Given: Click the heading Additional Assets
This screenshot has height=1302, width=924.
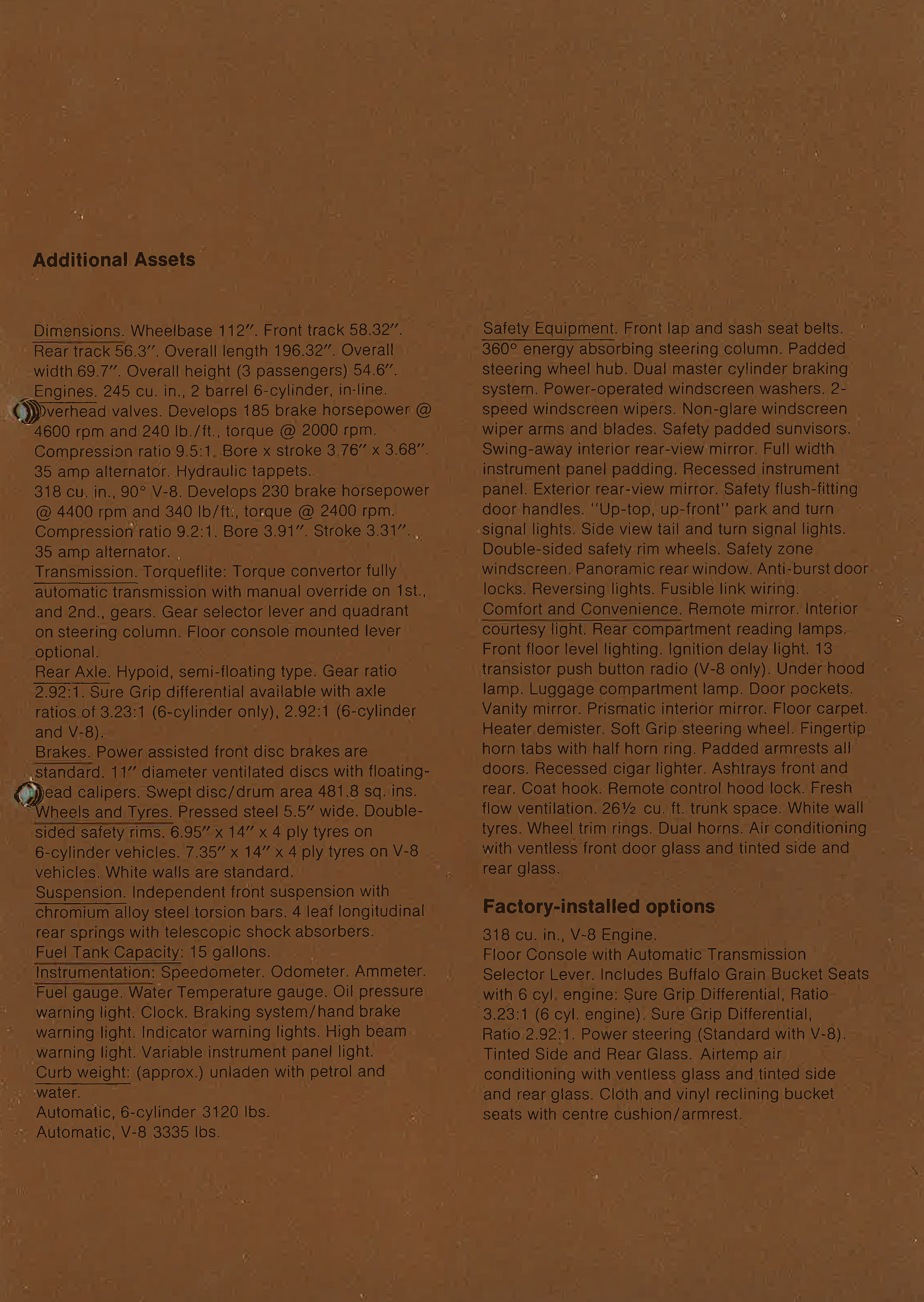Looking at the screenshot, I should click(114, 260).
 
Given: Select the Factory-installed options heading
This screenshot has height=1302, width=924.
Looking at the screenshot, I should click(598, 906).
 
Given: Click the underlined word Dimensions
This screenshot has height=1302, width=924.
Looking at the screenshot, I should click(79, 331).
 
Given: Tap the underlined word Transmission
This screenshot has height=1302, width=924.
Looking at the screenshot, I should click(85, 572).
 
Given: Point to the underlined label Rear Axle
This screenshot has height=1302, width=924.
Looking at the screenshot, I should click(72, 672).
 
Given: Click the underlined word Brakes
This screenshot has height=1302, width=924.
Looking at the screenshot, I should click(63, 752).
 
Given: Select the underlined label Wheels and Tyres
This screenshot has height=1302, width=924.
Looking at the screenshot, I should click(104, 812).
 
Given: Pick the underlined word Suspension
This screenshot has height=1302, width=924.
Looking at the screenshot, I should click(80, 892).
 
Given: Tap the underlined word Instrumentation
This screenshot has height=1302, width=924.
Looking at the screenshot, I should click(94, 972).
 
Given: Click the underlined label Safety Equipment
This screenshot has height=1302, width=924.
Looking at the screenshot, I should click(549, 329).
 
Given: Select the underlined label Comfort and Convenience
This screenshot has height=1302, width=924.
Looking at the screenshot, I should click(581, 609).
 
